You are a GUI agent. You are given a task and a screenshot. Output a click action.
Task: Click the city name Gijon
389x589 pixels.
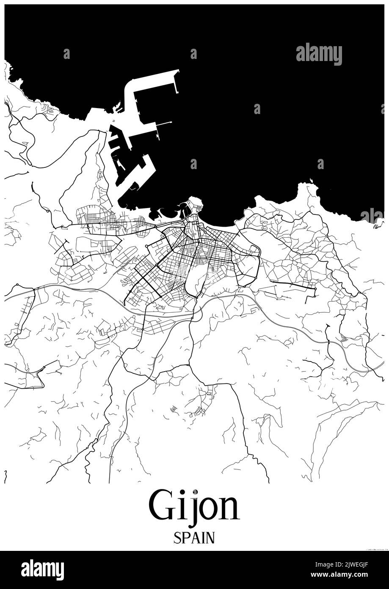pos(194,506)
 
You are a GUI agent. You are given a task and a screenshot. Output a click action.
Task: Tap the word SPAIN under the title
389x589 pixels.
pos(194,538)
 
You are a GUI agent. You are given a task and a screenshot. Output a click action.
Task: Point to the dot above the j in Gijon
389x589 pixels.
pos(195,492)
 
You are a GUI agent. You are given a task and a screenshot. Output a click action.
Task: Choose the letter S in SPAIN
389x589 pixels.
pos(177,538)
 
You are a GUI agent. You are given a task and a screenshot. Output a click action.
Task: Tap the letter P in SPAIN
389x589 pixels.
pos(185,538)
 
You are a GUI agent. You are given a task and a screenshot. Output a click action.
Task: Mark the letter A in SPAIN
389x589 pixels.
pos(194,538)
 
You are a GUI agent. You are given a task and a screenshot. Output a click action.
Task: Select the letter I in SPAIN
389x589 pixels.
pos(202,538)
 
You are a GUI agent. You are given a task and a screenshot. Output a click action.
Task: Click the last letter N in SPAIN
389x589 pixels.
pos(210,538)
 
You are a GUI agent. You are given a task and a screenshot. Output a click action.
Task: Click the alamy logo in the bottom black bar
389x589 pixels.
pos(42,570)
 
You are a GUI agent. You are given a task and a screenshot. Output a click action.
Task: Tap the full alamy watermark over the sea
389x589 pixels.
pos(319,54)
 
